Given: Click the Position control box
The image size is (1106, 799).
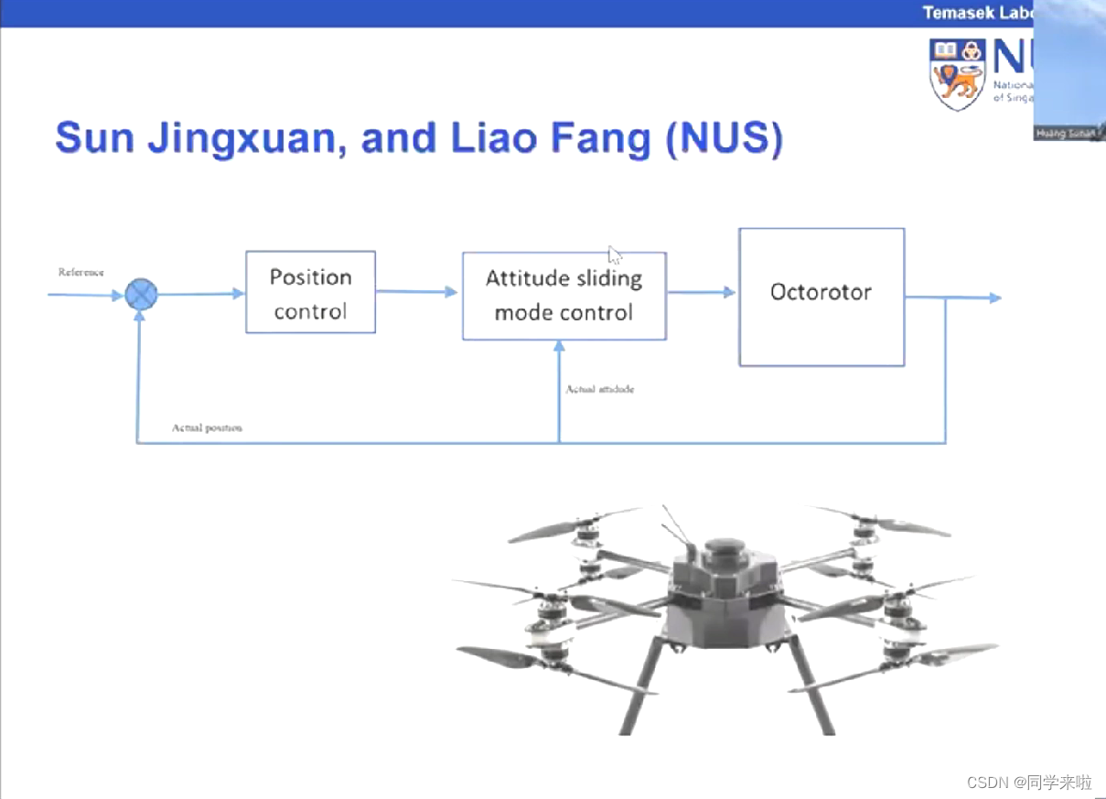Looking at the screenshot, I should pyautogui.click(x=310, y=293).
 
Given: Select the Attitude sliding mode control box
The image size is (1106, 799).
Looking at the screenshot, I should pyautogui.click(x=564, y=296).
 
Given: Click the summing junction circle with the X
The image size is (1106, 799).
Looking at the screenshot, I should pyautogui.click(x=141, y=294).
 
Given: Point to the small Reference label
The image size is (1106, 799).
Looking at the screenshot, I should pyautogui.click(x=81, y=272).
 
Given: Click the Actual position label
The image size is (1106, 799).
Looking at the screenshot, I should pyautogui.click(x=207, y=427).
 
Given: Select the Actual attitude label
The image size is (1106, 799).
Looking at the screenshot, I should pyautogui.click(x=599, y=389).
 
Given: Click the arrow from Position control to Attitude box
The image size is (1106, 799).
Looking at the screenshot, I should pyautogui.click(x=417, y=292).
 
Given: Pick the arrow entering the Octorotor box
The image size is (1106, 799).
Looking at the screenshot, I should pyautogui.click(x=703, y=293).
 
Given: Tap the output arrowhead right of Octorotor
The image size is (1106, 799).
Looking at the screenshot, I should pyautogui.click(x=994, y=297).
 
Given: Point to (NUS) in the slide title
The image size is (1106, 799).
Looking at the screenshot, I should pyautogui.click(x=724, y=138).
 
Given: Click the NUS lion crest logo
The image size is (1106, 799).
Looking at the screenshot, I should pyautogui.click(x=956, y=73).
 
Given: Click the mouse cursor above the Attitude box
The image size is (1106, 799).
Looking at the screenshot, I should pyautogui.click(x=614, y=254).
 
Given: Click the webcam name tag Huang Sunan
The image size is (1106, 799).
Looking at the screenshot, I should pyautogui.click(x=1064, y=134).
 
